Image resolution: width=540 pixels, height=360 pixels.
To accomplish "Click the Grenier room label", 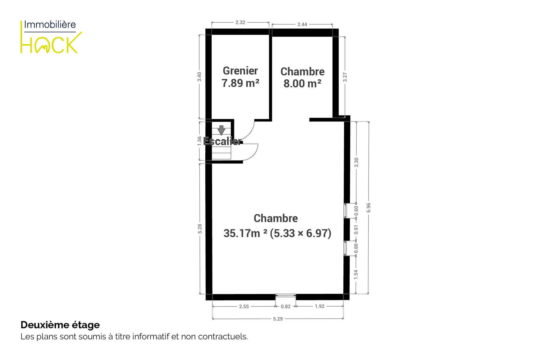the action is (x=240, y=71).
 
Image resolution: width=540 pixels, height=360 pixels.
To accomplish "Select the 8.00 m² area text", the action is (x=302, y=83).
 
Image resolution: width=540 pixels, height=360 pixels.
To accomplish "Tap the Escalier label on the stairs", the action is (x=222, y=141).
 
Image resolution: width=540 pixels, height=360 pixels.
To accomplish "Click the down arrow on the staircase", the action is (x=221, y=130).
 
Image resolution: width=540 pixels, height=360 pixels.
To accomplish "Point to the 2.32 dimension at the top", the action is (x=240, y=22).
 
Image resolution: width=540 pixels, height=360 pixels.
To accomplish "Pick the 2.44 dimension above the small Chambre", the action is (x=302, y=24).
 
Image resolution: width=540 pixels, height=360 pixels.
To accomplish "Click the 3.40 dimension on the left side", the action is (x=199, y=77).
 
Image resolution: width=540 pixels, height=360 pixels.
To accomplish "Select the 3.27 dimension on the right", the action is (x=345, y=77).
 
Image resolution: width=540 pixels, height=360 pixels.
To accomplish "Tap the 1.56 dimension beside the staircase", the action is (x=199, y=141).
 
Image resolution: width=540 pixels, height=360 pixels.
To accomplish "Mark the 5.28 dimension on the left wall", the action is (x=200, y=229).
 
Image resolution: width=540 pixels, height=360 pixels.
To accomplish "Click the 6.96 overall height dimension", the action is (x=369, y=208).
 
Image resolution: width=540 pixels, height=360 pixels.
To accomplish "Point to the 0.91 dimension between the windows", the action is (x=356, y=229).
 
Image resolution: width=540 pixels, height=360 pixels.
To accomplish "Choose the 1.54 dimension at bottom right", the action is (x=356, y=274).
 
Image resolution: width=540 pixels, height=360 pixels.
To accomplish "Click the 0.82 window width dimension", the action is (x=285, y=306).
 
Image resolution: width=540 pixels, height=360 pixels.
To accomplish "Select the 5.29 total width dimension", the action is (x=278, y=319).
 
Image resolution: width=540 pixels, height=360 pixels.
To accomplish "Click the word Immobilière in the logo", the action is (x=50, y=25).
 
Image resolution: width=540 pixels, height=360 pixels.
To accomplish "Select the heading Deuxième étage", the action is (x=60, y=325).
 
